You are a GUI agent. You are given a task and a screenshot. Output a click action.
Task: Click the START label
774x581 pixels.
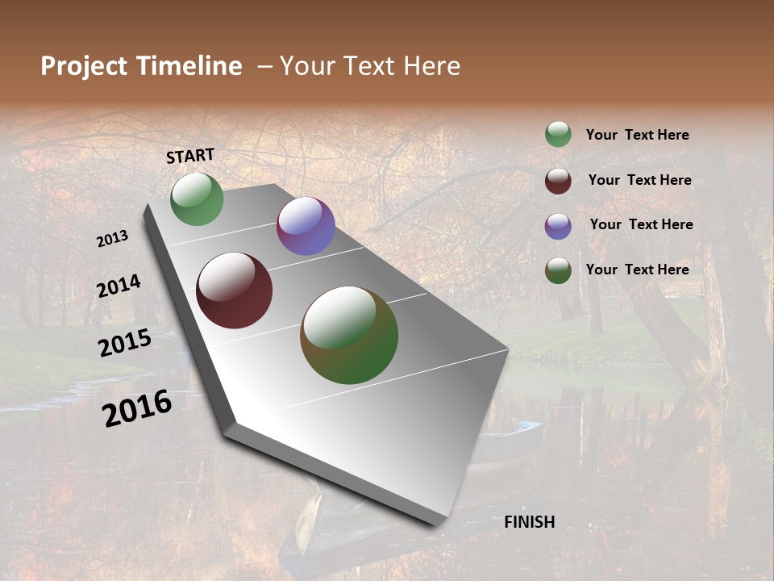point(190,156)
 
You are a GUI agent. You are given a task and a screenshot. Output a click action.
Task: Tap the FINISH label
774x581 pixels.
point(529,522)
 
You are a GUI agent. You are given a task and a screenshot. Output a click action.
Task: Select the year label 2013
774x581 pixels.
point(113,239)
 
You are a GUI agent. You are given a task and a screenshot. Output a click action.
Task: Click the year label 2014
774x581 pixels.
point(119,286)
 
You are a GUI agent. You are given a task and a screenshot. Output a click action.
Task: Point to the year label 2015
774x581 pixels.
point(125,343)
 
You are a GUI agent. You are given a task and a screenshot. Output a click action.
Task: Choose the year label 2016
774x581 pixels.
point(137,408)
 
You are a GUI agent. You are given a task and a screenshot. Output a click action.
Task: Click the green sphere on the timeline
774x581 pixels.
point(197,199)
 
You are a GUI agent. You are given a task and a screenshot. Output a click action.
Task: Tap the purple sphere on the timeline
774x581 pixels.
point(306,226)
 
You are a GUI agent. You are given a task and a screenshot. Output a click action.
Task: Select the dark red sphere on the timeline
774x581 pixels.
point(234,290)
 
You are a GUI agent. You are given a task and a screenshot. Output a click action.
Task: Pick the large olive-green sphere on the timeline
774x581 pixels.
point(349,335)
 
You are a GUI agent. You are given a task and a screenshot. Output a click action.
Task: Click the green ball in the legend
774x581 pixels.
point(558,135)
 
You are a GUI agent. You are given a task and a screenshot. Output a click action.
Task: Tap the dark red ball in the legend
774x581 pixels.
point(558,181)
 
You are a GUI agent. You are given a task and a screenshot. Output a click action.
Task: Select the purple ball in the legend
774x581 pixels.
point(558,226)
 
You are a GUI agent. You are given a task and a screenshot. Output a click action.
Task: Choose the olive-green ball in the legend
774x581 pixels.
point(558,270)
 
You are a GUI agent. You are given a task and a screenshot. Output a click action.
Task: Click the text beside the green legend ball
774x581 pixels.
point(637,135)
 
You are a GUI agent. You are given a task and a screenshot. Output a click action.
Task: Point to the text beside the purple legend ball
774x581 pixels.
point(641,224)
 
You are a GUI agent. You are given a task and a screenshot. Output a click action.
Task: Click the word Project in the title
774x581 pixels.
point(85,66)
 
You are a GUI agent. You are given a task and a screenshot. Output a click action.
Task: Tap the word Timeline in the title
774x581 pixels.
point(189,66)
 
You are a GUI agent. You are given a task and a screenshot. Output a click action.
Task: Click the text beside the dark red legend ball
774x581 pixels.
point(639,180)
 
